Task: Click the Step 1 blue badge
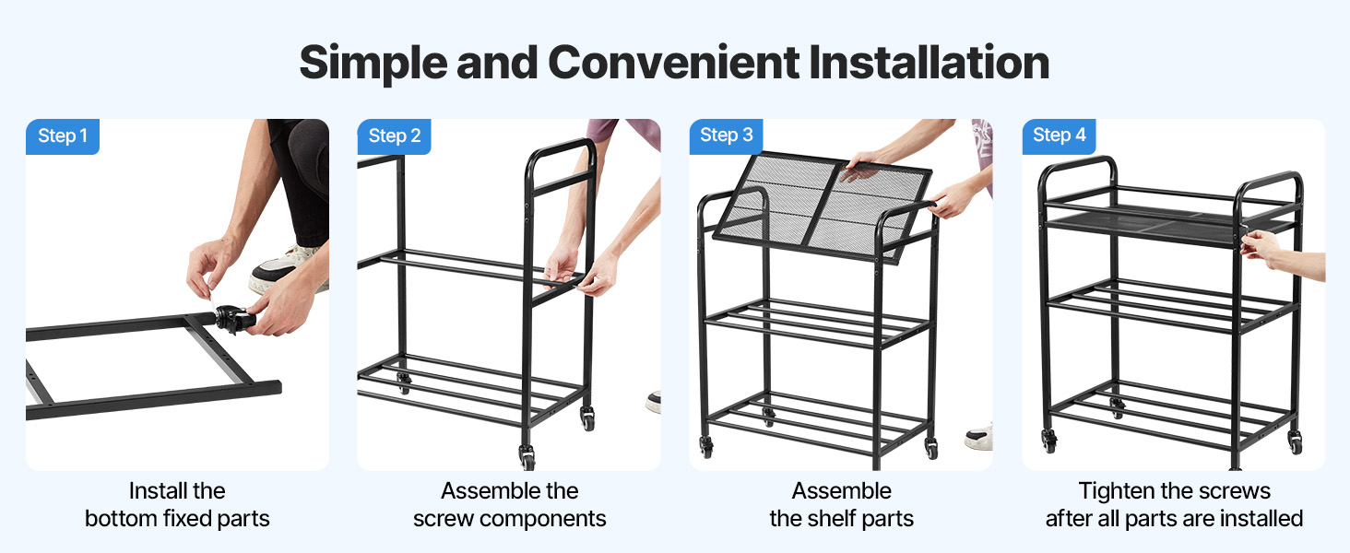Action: coord(63,136)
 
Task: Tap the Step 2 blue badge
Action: coord(394,136)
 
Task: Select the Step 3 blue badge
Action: coord(727,135)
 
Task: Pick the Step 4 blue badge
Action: coord(1059,135)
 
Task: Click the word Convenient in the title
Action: coord(674,62)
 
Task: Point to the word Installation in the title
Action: coord(929,62)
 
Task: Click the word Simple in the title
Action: coord(374,64)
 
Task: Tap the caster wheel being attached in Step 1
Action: coord(231,319)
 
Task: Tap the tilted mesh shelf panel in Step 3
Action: coord(823,206)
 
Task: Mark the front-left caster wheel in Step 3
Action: coord(705,447)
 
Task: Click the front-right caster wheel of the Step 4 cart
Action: coord(1296,443)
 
